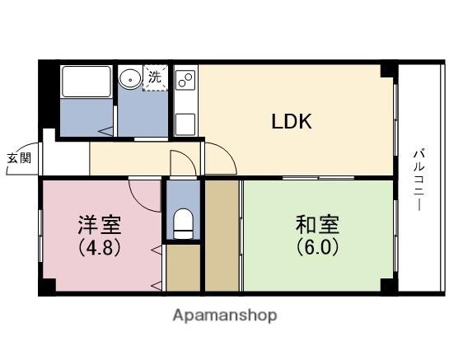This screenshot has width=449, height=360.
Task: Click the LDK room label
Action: pos(292,123)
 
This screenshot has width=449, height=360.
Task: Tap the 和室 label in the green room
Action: pos(317,225)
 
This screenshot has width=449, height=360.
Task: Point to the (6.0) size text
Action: pos(317,246)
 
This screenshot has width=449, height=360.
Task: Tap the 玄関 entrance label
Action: pos(19,158)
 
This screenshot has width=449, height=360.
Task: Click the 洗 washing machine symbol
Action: pos(155,79)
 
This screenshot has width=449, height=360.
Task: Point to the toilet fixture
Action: pos(183,223)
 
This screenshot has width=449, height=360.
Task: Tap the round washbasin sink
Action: pos(130,79)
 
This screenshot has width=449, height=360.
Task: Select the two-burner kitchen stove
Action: pos(185,81)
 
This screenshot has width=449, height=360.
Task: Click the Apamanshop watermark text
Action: pos(224,315)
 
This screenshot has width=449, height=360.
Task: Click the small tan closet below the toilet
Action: pos(183,268)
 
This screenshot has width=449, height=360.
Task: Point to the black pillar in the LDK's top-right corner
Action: pos(386,71)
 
